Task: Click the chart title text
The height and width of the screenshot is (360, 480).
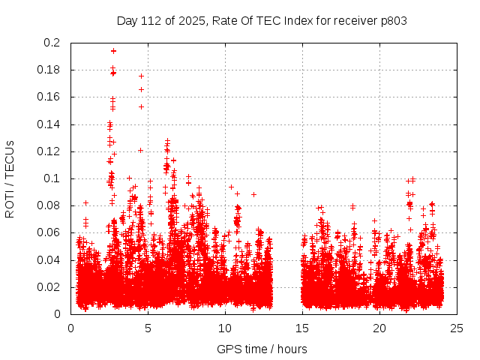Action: (x=262, y=20)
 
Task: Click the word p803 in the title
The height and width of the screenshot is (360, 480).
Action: (x=393, y=20)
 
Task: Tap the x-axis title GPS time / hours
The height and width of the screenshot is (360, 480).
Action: (x=262, y=349)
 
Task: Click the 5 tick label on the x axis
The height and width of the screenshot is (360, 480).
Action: (x=148, y=328)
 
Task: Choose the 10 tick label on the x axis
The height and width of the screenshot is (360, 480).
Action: (x=225, y=328)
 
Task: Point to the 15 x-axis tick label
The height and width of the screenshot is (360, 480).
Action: (x=302, y=328)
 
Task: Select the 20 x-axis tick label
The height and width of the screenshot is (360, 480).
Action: (x=379, y=328)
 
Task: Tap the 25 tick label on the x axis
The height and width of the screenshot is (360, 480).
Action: (x=457, y=328)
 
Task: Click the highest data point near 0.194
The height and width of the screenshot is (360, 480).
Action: (x=113, y=51)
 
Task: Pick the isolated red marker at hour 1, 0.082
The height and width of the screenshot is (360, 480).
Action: (x=85, y=202)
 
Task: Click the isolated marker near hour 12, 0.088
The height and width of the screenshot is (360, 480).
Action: (x=253, y=194)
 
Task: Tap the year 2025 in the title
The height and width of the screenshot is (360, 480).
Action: (x=193, y=20)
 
